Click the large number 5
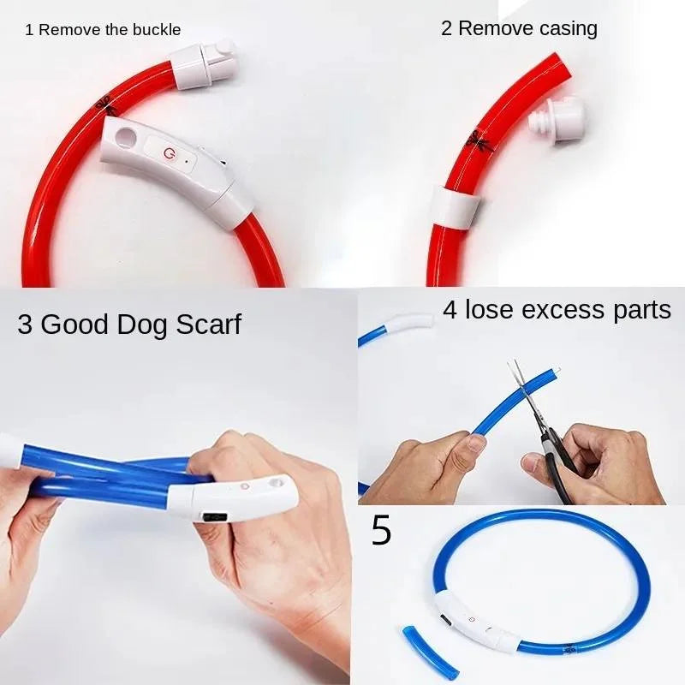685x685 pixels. [381, 532]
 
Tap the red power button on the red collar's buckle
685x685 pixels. [167, 152]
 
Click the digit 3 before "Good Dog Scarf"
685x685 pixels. [27, 325]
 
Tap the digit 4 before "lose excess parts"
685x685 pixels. [450, 309]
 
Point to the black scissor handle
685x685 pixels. [557, 475]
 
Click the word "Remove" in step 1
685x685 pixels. [69, 30]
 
